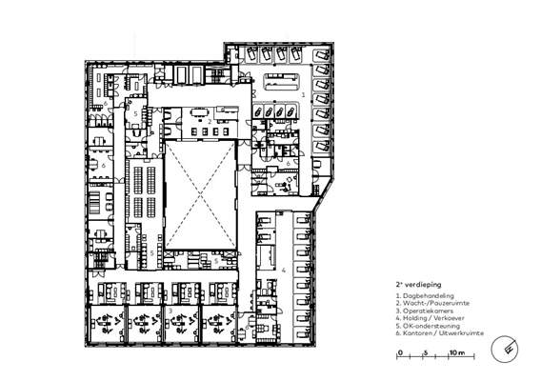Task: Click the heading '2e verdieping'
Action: coord(418,285)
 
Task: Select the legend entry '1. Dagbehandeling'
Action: coord(425,296)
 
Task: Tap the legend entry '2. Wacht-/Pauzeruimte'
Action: coord(432,303)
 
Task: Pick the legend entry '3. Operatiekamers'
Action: coord(425,311)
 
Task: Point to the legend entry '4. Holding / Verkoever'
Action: coord(431,318)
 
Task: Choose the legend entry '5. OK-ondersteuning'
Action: coord(428,326)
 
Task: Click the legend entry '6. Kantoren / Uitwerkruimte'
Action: coord(440,333)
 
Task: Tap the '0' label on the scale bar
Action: coord(400,352)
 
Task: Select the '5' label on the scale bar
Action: coord(426,352)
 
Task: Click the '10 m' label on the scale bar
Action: coord(457,352)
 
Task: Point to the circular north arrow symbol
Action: coord(505,350)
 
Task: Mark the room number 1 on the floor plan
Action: coord(304,94)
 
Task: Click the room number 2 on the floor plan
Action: coord(210,122)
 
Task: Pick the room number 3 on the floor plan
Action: coord(170,311)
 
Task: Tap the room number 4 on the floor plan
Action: coord(283,271)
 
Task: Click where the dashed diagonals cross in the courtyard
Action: coord(201,195)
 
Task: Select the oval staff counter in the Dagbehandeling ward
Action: coord(281,82)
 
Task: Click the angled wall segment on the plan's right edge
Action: coord(323,194)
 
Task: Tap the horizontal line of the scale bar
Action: coord(435,357)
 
